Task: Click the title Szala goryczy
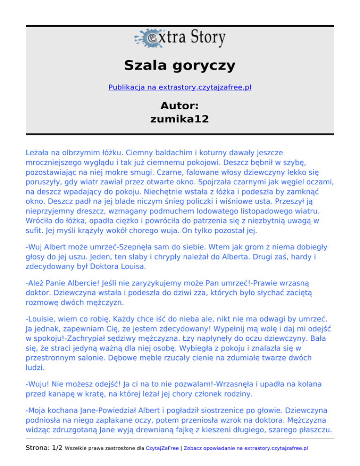click(180, 65)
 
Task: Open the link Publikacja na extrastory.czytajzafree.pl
click(180, 87)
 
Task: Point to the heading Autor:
click(180, 106)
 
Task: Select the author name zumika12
click(180, 120)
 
